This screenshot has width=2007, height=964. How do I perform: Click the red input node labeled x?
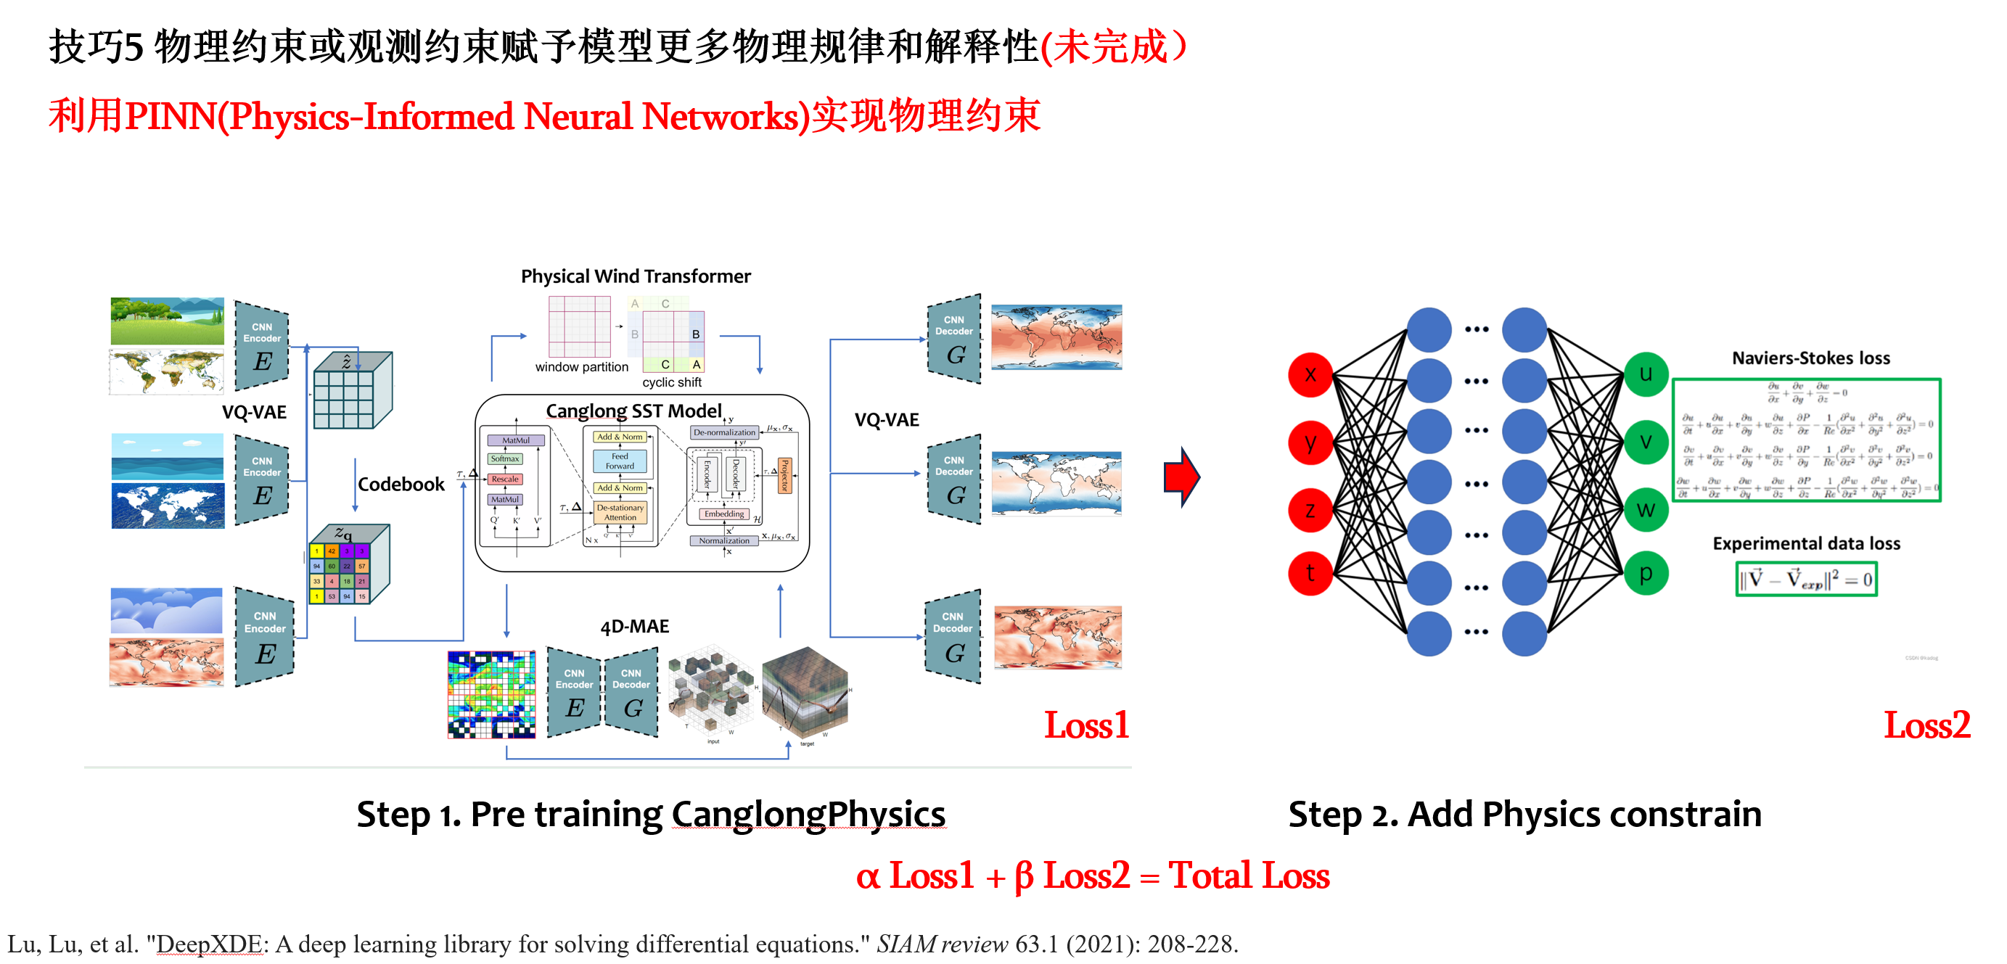click(x=1310, y=374)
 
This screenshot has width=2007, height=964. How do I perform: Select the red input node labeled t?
click(x=1310, y=573)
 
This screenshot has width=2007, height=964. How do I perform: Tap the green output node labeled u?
click(x=1646, y=374)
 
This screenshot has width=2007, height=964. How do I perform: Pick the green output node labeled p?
click(x=1646, y=573)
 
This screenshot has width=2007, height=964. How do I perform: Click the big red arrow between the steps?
click(x=1182, y=477)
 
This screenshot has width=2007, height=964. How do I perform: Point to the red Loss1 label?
click(x=1086, y=726)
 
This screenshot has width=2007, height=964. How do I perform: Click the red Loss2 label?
click(x=1926, y=726)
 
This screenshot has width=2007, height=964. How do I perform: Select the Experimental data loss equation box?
click(x=1806, y=580)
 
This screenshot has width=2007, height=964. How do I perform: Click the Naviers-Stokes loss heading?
click(x=1810, y=358)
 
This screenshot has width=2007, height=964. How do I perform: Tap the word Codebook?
click(x=401, y=485)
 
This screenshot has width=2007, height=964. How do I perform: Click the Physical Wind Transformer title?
click(x=635, y=276)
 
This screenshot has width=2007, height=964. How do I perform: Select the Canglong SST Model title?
click(x=633, y=411)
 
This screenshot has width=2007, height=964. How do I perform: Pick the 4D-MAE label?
click(x=634, y=627)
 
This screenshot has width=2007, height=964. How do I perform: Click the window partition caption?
click(x=581, y=367)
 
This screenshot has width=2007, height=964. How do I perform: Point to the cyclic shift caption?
click(x=672, y=382)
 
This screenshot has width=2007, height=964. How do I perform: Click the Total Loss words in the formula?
click(x=1249, y=876)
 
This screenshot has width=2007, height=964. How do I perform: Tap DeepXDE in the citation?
click(x=209, y=944)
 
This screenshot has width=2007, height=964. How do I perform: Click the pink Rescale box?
click(x=505, y=479)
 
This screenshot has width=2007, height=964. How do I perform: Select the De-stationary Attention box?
click(x=620, y=512)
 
